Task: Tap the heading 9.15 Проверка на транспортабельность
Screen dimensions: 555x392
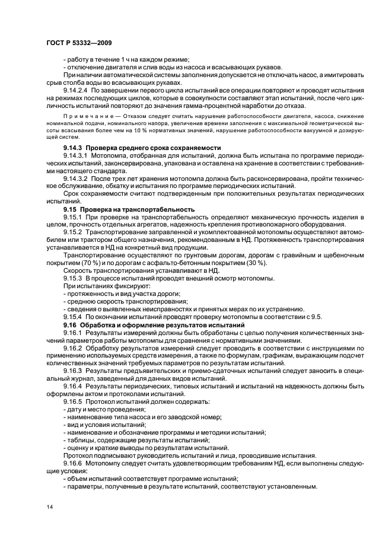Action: (x=129, y=209)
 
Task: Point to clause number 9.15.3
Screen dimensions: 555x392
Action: (x=73, y=278)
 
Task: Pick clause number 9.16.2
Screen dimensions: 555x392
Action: (x=73, y=347)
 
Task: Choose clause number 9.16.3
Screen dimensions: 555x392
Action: (x=73, y=371)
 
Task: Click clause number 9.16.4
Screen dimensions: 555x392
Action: (x=73, y=386)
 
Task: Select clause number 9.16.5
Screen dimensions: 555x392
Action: (x=73, y=401)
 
